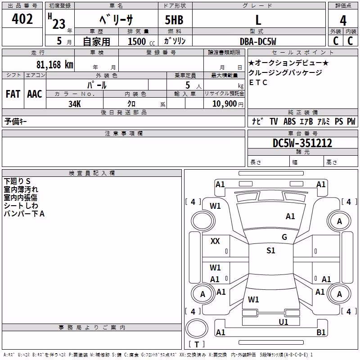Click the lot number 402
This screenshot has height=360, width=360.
22,19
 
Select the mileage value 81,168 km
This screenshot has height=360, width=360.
55,65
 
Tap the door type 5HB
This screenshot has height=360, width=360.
174,20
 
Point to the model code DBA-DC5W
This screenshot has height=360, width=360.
258,41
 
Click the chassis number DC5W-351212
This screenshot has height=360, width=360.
302,143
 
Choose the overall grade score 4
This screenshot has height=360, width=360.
343,20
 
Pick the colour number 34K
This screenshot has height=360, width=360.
75,104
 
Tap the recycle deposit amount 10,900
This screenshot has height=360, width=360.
225,104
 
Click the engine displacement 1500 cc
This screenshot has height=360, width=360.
141,41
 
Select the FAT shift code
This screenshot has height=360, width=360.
13,94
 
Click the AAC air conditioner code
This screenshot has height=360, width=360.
35,94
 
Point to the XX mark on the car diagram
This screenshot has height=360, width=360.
215,241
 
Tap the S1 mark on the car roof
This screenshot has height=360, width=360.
271,251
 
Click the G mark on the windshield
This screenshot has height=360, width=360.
284,237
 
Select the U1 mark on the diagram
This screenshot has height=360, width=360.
283,322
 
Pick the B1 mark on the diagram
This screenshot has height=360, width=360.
321,332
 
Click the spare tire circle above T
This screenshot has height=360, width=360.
197,328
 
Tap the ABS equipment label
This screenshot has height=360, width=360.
289,121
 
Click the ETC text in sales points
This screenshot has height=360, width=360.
258,82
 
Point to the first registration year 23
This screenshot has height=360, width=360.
59,24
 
